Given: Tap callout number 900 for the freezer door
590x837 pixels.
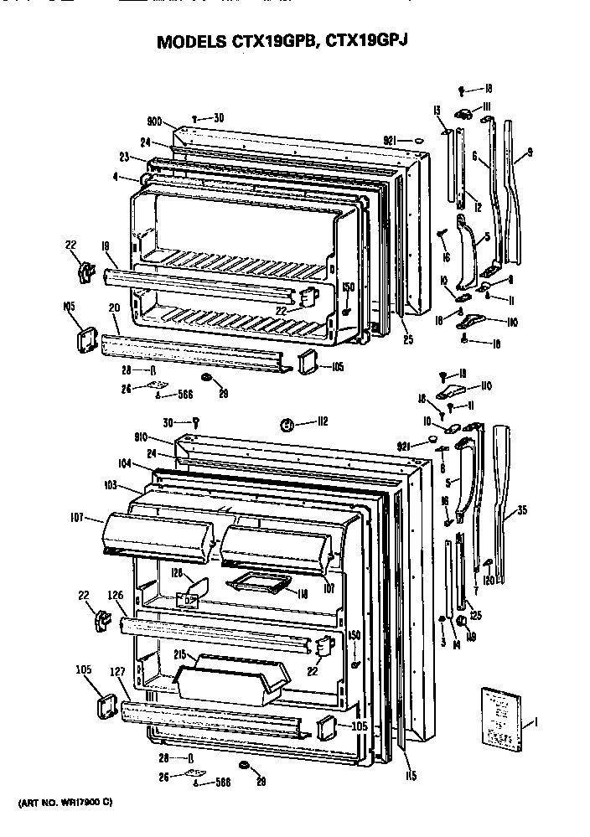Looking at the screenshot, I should click(x=153, y=121).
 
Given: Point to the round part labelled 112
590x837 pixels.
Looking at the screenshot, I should click(x=287, y=424).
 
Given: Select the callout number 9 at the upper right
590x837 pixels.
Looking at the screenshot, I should click(x=530, y=152).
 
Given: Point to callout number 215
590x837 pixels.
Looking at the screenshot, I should click(x=181, y=654).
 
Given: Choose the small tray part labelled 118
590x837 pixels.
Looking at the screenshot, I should click(x=257, y=581).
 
